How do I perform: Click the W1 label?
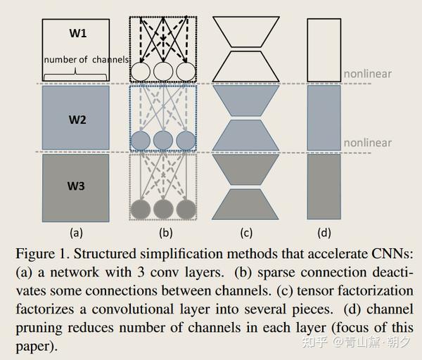[x=78, y=33]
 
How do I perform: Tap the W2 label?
[x=77, y=120]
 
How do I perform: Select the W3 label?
[x=76, y=186]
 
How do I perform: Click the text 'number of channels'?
[x=87, y=60]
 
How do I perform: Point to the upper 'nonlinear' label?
[x=368, y=74]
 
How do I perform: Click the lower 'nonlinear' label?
[x=368, y=143]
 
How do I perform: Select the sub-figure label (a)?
[x=76, y=233]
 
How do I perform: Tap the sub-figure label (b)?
[x=166, y=233]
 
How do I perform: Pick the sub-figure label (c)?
[x=246, y=233]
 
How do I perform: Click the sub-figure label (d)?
[x=324, y=233]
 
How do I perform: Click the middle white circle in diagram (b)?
[x=163, y=72]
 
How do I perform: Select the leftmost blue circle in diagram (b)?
[x=141, y=141]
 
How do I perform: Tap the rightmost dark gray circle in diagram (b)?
[x=186, y=209]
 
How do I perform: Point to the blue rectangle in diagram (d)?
[x=324, y=118]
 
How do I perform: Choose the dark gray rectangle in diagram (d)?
[x=324, y=187]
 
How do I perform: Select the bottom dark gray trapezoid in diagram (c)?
[x=245, y=205]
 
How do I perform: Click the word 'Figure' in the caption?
[x=35, y=255]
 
